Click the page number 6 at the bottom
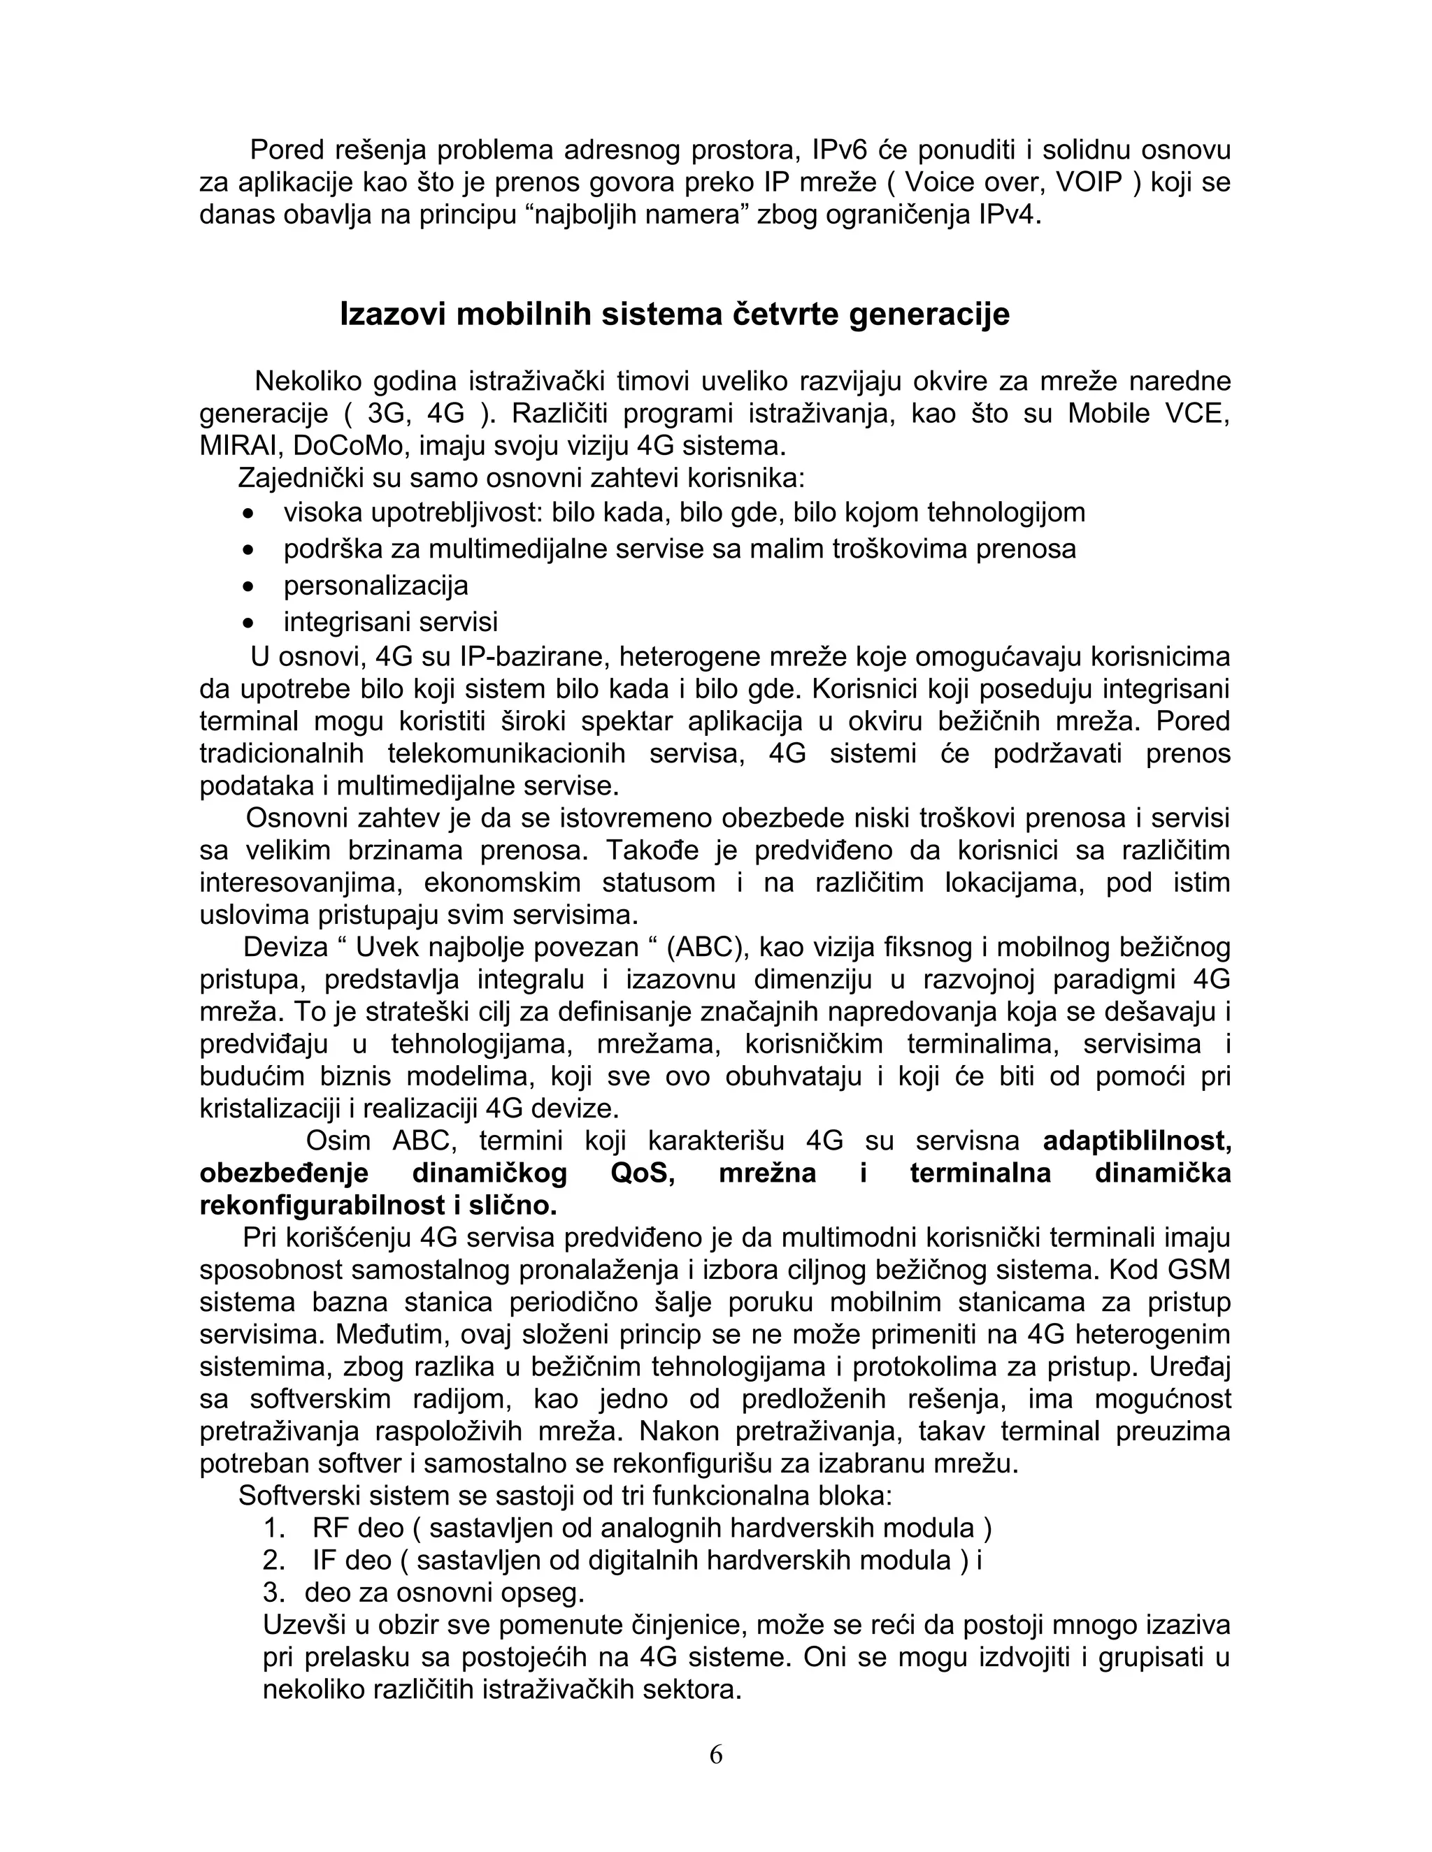click(715, 1754)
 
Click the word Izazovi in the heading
click(393, 314)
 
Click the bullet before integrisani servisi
click(248, 623)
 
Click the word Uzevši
click(307, 1626)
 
